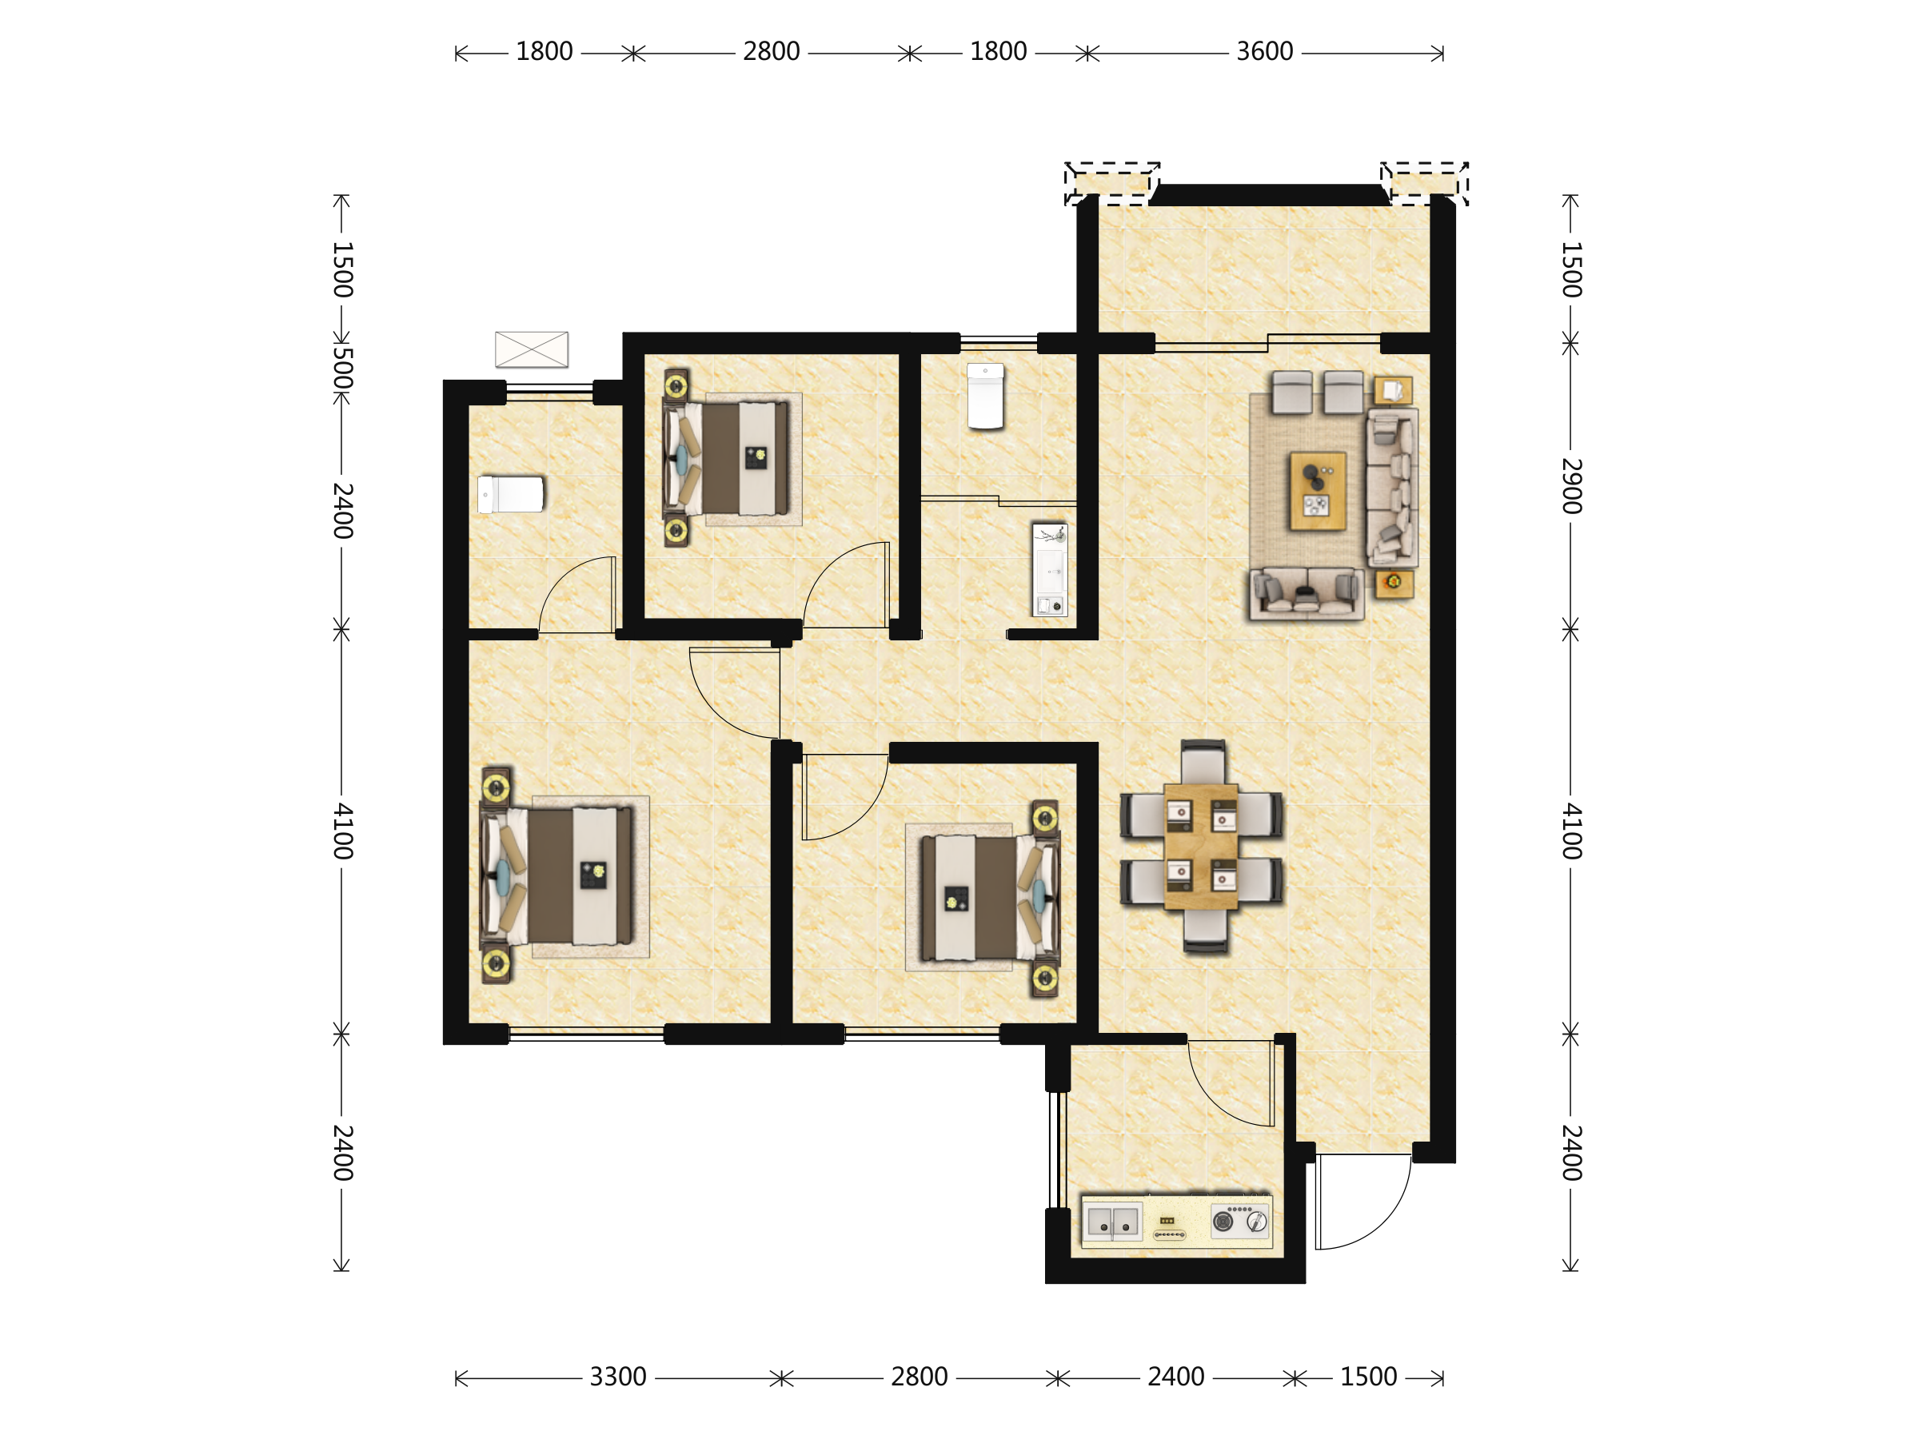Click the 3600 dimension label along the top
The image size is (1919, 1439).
click(1264, 52)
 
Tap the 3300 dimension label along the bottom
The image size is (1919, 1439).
click(618, 1377)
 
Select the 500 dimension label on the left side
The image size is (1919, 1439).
click(341, 368)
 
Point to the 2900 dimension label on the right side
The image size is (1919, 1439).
click(1571, 486)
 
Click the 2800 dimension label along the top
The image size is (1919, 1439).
click(772, 52)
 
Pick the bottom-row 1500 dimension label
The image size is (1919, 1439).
click(1368, 1377)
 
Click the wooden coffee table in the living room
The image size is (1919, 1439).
click(1318, 491)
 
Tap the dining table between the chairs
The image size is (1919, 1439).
click(1201, 847)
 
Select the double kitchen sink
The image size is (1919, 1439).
click(1112, 1221)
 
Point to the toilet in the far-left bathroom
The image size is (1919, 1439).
click(511, 494)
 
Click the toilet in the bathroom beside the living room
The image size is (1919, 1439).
click(986, 397)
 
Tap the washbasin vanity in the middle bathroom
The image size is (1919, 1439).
click(1050, 570)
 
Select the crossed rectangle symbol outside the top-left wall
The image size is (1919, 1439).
click(532, 349)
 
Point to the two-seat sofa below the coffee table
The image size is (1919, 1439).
click(1307, 594)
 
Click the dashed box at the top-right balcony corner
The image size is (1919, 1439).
click(1425, 183)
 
